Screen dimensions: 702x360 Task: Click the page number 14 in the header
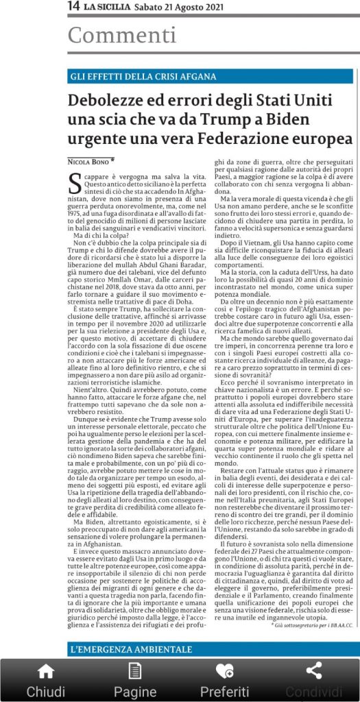pyautogui.click(x=73, y=6)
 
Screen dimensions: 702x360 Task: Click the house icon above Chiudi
pyautogui.click(x=46, y=671)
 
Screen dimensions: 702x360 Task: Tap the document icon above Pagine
pyautogui.click(x=135, y=671)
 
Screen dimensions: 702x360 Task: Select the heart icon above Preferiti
pyautogui.click(x=224, y=671)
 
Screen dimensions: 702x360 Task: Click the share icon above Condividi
pyautogui.click(x=313, y=671)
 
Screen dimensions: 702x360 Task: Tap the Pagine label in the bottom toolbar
pyautogui.click(x=135, y=690)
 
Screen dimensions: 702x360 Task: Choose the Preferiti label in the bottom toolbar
pyautogui.click(x=224, y=690)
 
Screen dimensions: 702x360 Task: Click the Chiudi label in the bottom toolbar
pyautogui.click(x=46, y=690)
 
